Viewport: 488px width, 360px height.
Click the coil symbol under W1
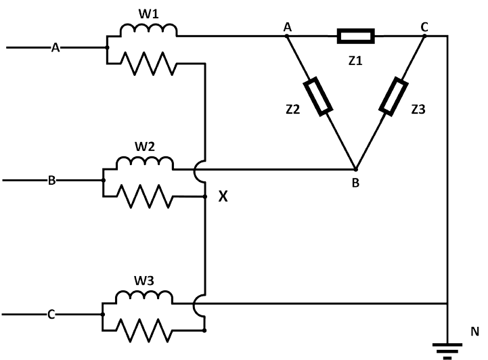point(148,30)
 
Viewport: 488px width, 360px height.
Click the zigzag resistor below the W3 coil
point(144,330)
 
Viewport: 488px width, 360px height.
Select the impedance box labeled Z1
point(355,36)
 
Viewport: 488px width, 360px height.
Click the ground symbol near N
point(447,349)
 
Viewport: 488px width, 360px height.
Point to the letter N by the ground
point(475,332)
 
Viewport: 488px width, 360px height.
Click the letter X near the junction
point(223,196)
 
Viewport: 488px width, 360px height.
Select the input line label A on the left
point(56,47)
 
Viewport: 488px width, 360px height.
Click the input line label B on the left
point(51,181)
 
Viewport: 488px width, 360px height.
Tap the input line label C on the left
point(51,315)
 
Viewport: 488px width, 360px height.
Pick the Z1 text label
point(355,61)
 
